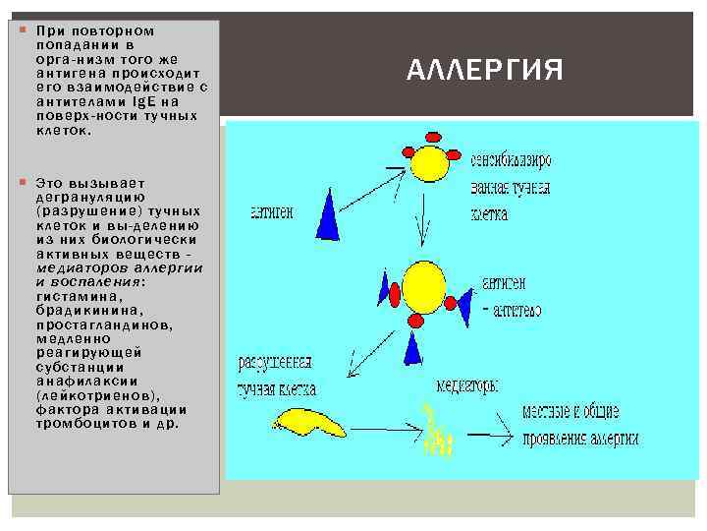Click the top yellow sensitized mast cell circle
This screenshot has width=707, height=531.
tap(429, 162)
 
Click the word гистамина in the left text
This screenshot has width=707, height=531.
tap(79, 296)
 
